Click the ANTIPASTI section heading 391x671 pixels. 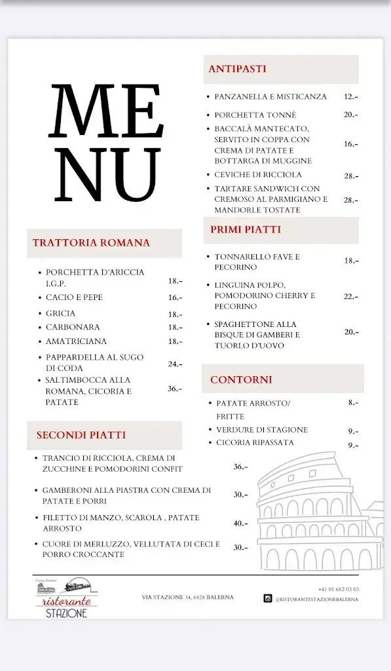237,69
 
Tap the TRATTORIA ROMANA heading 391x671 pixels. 91,242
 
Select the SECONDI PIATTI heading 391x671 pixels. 81,434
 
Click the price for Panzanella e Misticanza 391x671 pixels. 351,96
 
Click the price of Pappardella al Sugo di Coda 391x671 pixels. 175,364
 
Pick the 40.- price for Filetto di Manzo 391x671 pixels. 241,523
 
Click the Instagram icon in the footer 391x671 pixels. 267,598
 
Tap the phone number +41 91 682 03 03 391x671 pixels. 339,589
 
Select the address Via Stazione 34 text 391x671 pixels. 187,597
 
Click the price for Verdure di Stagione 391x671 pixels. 353,431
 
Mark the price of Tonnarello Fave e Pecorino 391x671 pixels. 351,261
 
